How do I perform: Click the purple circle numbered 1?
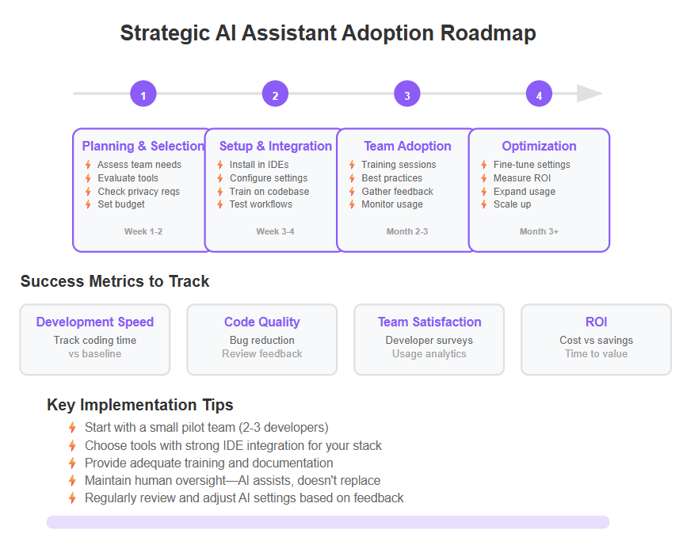point(143,93)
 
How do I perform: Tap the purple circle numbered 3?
point(407,93)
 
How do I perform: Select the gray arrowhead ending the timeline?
point(590,93)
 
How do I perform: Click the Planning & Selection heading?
point(143,146)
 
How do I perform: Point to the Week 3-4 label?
point(275,231)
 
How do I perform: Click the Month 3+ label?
point(539,231)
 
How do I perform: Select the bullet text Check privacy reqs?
point(139,192)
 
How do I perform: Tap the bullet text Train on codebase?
point(269,192)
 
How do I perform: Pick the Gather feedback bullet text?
point(398,192)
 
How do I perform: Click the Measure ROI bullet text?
point(522,178)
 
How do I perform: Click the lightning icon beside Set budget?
point(88,204)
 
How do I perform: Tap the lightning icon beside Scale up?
point(483,204)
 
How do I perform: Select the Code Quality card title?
point(262,322)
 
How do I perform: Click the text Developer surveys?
point(429,340)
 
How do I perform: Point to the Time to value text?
point(596,353)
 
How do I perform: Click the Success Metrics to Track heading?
point(115,281)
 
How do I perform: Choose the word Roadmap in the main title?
point(488,33)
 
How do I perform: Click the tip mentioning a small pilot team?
point(206,427)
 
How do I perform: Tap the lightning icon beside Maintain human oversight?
point(72,481)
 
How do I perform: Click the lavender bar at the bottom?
point(328,522)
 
